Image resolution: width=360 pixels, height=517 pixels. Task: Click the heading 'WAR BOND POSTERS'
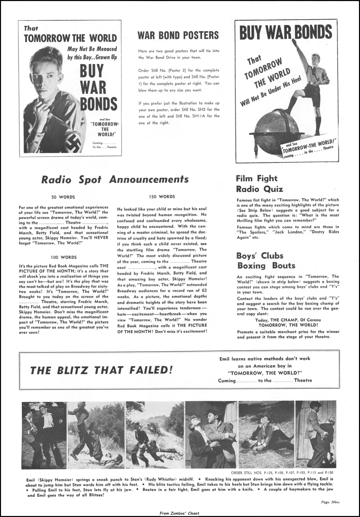(178, 35)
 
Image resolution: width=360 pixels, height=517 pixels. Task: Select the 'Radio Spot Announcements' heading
(115, 179)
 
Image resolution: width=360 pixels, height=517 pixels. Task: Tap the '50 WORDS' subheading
(63, 197)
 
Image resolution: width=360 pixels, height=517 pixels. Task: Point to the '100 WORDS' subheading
(64, 257)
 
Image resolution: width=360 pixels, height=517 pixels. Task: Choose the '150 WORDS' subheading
(162, 197)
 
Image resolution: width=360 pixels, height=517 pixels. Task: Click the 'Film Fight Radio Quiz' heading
(259, 184)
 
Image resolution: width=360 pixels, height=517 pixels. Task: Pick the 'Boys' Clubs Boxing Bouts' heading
(266, 261)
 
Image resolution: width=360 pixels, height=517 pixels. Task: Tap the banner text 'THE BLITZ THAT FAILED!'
(101, 371)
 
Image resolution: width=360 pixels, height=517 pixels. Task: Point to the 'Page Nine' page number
(330, 502)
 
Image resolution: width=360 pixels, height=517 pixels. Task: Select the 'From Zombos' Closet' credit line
(180, 513)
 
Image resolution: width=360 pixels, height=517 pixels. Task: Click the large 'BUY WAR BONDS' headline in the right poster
(285, 33)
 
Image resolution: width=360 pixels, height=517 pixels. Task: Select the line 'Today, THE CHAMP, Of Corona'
(288, 320)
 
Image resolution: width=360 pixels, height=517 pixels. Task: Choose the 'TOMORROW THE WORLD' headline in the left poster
(70, 38)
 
